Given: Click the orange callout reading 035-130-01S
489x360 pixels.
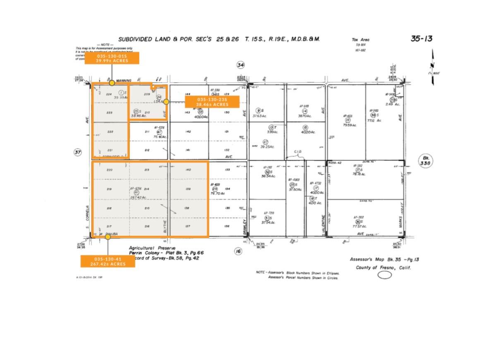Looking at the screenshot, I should coord(112,58).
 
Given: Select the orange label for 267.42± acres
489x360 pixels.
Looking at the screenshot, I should coord(108,261).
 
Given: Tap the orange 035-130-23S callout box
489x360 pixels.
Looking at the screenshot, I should coord(212,102).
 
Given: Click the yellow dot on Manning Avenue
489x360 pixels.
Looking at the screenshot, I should coord(112,83).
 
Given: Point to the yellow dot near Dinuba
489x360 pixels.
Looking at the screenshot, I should coord(108,237).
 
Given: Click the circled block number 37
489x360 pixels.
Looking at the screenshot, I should coord(78,153).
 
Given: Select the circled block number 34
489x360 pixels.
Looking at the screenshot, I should coord(241,64).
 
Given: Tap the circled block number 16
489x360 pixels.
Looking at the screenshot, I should coord(238,251).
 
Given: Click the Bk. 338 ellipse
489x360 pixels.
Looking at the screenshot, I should coord(425,160).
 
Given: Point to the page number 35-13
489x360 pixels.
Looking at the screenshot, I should coord(421,39).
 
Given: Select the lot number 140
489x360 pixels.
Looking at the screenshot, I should coord(188,170).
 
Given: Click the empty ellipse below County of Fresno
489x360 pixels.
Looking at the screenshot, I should coord(384,275).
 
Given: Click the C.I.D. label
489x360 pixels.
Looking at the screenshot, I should coord(298,152).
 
